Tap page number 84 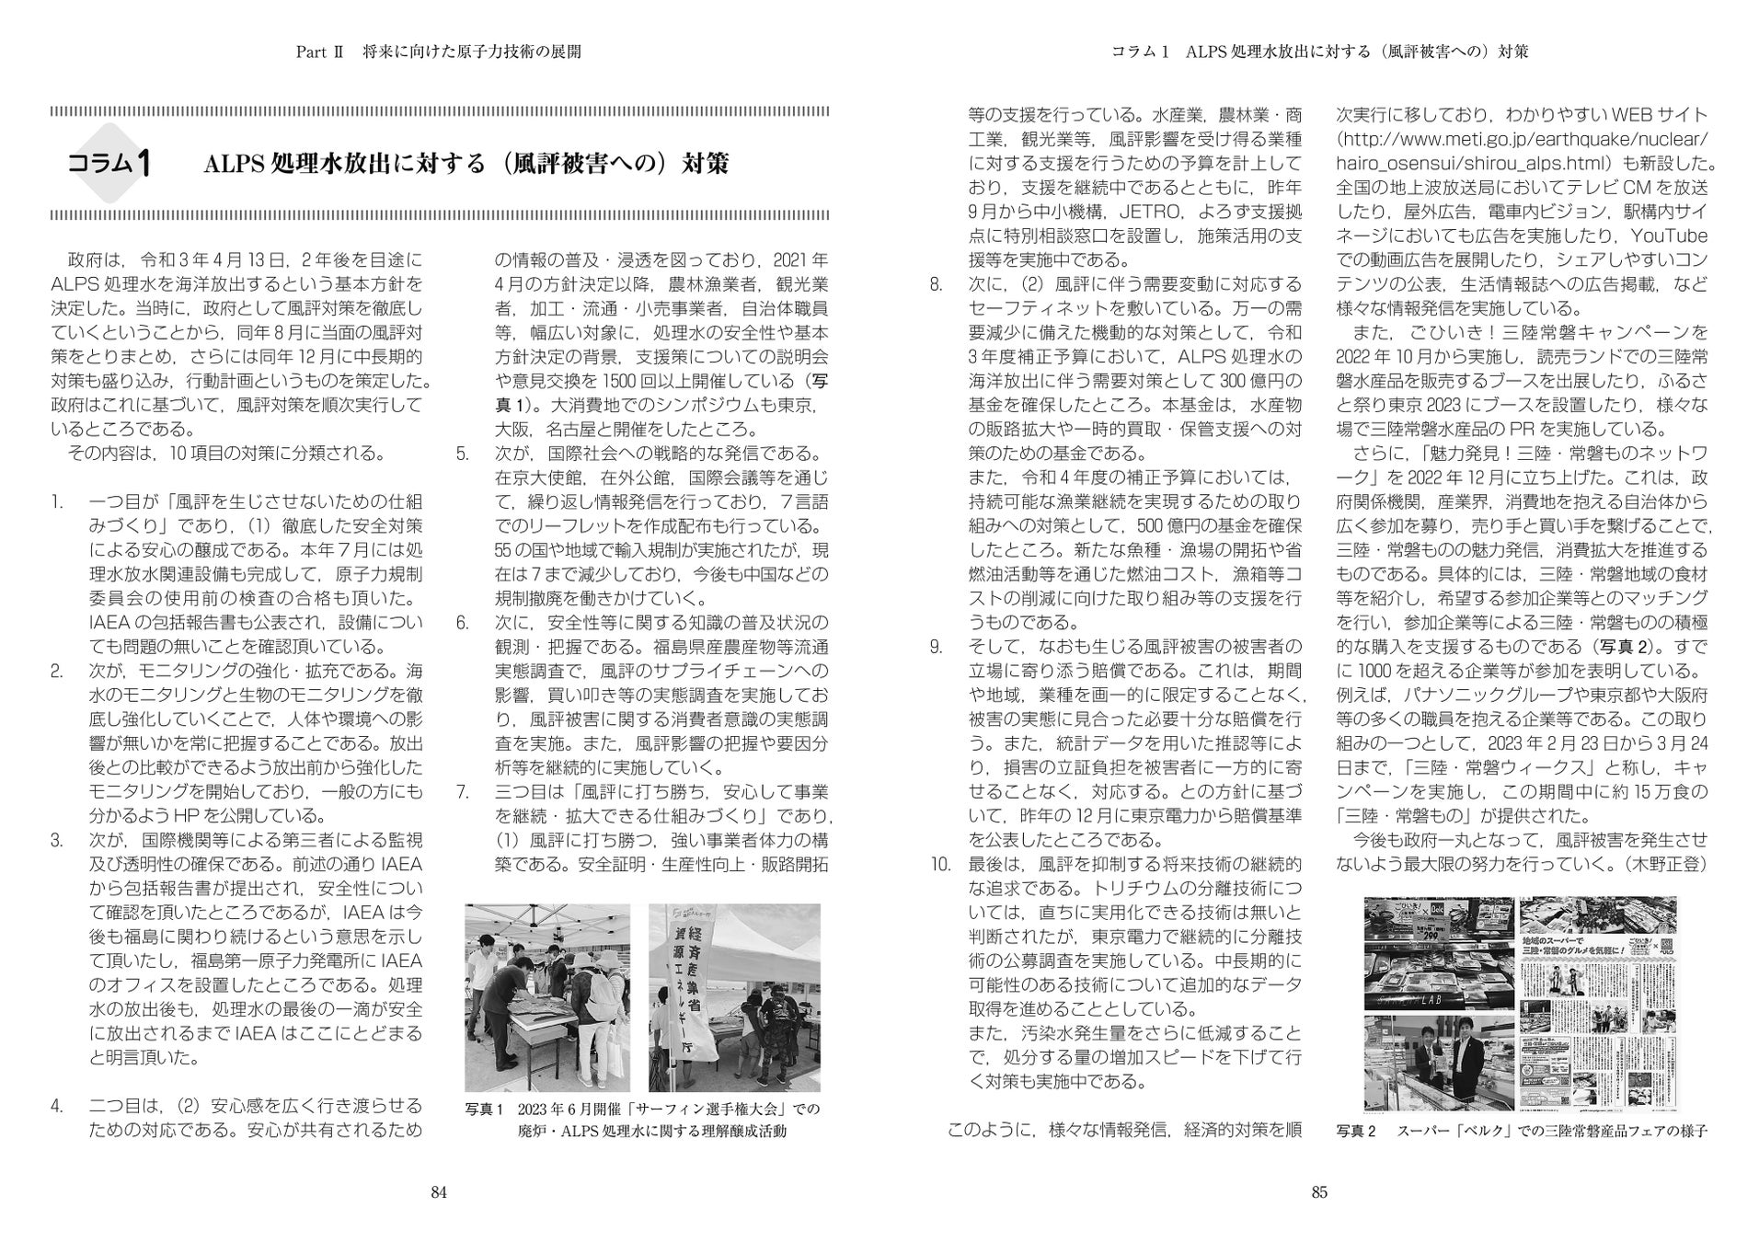click(x=439, y=1192)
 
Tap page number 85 click(x=1319, y=1192)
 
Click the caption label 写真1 click(x=485, y=1110)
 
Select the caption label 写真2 click(x=1355, y=1131)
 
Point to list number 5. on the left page click(x=463, y=454)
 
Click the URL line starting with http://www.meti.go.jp click(x=1523, y=140)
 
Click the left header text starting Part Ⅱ click(x=438, y=52)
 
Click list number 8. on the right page click(x=937, y=284)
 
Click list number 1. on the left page click(x=57, y=501)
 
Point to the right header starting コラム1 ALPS click(x=1319, y=52)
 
